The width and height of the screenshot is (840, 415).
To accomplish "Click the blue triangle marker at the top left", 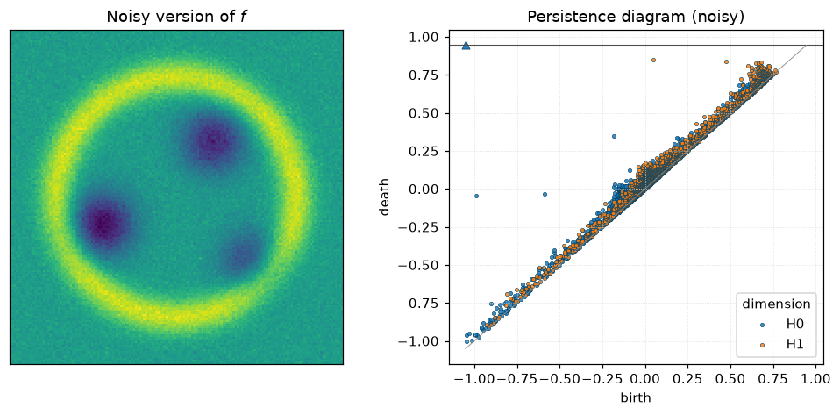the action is click(466, 46).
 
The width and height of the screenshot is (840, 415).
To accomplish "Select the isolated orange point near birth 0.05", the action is click(653, 60).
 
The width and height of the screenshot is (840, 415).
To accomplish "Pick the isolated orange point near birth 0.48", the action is click(726, 61).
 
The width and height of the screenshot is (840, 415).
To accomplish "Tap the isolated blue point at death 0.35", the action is click(614, 136).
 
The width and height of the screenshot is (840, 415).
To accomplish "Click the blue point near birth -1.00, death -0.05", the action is click(476, 197).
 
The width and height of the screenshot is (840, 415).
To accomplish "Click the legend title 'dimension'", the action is click(775, 304).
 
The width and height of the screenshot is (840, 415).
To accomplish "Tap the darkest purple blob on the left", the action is click(104, 221).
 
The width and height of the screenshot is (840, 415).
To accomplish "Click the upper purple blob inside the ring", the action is click(214, 140).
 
